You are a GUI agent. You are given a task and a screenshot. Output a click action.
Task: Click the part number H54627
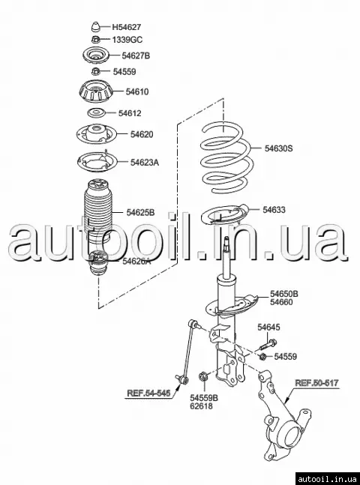(x=126, y=27)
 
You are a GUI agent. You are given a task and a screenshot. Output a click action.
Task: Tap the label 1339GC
(x=127, y=40)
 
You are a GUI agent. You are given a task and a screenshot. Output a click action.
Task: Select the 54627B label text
(x=136, y=55)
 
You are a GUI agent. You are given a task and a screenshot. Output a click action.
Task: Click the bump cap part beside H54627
(x=96, y=26)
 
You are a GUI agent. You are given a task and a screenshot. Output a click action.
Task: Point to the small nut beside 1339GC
(x=96, y=39)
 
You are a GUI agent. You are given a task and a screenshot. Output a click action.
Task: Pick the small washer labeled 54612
(x=95, y=113)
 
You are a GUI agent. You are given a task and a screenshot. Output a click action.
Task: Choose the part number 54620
(x=142, y=134)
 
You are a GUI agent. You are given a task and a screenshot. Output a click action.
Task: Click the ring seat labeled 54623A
(x=97, y=162)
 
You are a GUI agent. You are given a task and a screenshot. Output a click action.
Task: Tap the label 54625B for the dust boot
(x=140, y=213)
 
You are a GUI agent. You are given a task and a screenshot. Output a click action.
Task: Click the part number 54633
(x=274, y=210)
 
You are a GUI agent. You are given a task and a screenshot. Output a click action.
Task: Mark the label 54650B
(x=284, y=294)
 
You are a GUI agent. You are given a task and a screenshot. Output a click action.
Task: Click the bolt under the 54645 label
(x=268, y=345)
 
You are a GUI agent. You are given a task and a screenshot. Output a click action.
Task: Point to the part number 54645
(x=268, y=328)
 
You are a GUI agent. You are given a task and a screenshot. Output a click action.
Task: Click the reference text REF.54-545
(x=148, y=393)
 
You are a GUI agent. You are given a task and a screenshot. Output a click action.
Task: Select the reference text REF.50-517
(x=316, y=383)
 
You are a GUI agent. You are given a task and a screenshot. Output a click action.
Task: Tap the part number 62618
(x=201, y=406)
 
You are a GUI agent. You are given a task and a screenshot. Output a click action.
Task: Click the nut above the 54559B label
(x=203, y=377)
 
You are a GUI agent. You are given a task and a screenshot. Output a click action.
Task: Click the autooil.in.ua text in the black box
(x=328, y=479)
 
